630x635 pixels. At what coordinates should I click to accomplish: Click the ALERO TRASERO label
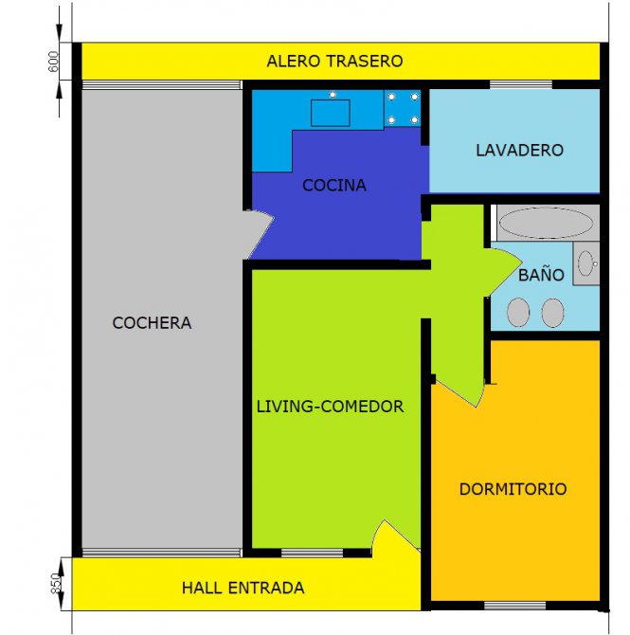coord(334,62)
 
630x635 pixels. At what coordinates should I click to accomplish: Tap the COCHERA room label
coord(152,323)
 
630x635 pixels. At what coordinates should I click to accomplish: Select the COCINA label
coord(334,186)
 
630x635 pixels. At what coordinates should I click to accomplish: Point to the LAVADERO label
coord(519,151)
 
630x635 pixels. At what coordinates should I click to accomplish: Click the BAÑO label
coord(541,275)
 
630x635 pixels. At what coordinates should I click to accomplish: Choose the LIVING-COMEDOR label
coord(331,407)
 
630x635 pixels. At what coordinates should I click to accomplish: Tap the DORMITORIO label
coord(513,489)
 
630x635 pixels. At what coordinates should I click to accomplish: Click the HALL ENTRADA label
coord(243,588)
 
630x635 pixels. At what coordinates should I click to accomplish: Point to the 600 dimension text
coord(53,62)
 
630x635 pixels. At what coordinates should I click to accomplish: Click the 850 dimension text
coord(56,584)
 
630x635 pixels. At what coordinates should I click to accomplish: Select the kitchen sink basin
coord(331,113)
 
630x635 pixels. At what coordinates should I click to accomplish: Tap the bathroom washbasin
coord(585,263)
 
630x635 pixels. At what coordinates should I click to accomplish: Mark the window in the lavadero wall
coord(521,84)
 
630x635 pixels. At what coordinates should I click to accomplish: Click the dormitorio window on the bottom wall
coord(515,606)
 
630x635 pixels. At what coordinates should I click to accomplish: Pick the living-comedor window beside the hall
coord(313,553)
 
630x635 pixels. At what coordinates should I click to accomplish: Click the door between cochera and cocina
coord(260,234)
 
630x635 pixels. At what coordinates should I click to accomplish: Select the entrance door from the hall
coord(396,537)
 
